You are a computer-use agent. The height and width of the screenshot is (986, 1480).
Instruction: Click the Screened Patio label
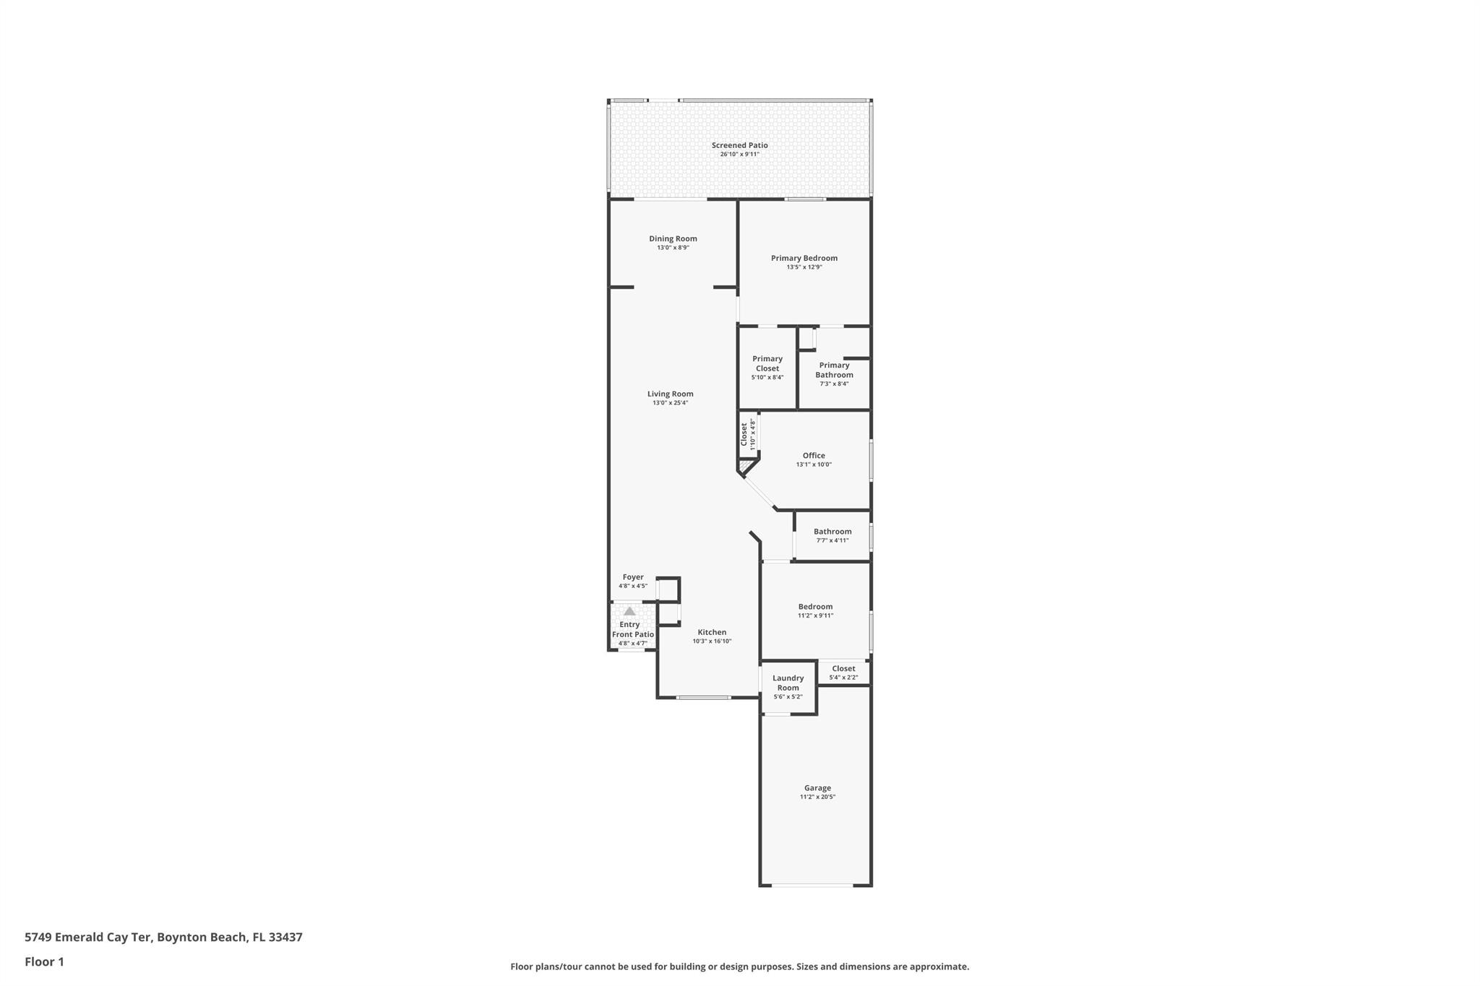(739, 145)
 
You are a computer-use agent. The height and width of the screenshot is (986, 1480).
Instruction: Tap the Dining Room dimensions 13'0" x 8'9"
(673, 248)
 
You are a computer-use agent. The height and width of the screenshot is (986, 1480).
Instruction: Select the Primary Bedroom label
(804, 258)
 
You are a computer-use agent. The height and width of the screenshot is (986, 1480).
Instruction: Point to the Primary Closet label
(767, 363)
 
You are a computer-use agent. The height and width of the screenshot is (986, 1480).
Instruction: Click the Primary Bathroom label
(834, 370)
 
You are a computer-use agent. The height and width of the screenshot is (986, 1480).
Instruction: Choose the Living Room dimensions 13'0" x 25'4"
(670, 403)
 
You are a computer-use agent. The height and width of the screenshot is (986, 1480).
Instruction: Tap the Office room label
(814, 456)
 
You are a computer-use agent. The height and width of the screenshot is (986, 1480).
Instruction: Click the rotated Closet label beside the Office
(744, 433)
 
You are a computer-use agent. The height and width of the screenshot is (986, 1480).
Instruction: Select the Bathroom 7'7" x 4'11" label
(832, 532)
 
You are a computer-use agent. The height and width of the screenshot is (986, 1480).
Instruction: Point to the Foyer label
(633, 577)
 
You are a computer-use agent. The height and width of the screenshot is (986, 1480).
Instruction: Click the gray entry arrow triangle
(629, 611)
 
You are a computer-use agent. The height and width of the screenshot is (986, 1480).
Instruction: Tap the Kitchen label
(712, 632)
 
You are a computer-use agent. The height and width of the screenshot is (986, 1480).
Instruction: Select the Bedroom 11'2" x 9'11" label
(815, 607)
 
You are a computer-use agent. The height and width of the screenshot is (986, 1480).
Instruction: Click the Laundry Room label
(788, 683)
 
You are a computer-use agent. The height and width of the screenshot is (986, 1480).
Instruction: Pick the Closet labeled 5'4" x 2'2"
(843, 669)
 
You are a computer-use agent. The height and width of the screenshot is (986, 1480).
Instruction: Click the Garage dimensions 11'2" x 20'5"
(817, 797)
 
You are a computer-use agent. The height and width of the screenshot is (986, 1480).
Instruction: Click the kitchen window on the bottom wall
(703, 697)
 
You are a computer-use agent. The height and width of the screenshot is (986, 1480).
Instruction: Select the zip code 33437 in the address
(285, 937)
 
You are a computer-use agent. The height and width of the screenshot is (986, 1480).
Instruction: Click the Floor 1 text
(44, 961)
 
